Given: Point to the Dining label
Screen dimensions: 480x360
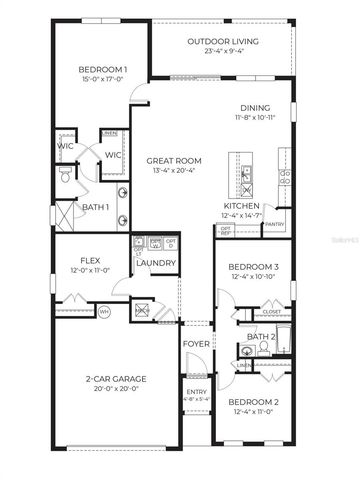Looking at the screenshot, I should pos(256,107).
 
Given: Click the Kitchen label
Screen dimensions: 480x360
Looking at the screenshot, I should pos(242,205).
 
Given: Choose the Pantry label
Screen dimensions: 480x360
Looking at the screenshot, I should pos(274,225).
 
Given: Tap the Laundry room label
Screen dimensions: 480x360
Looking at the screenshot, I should pos(158,264).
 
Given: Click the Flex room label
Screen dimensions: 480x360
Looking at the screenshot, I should pos(85,259).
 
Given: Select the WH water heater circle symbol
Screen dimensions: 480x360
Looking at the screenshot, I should pos(104,312).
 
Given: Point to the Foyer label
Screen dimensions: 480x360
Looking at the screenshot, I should pos(195,344).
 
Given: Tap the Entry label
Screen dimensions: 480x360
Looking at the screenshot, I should pos(195,391).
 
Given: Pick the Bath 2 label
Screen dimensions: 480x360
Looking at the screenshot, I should pos(260,337).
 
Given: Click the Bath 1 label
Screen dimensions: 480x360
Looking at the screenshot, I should pos(95,207).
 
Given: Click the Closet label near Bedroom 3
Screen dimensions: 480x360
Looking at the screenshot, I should pos(271,312).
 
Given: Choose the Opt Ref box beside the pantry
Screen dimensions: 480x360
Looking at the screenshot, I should pos(226,230).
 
